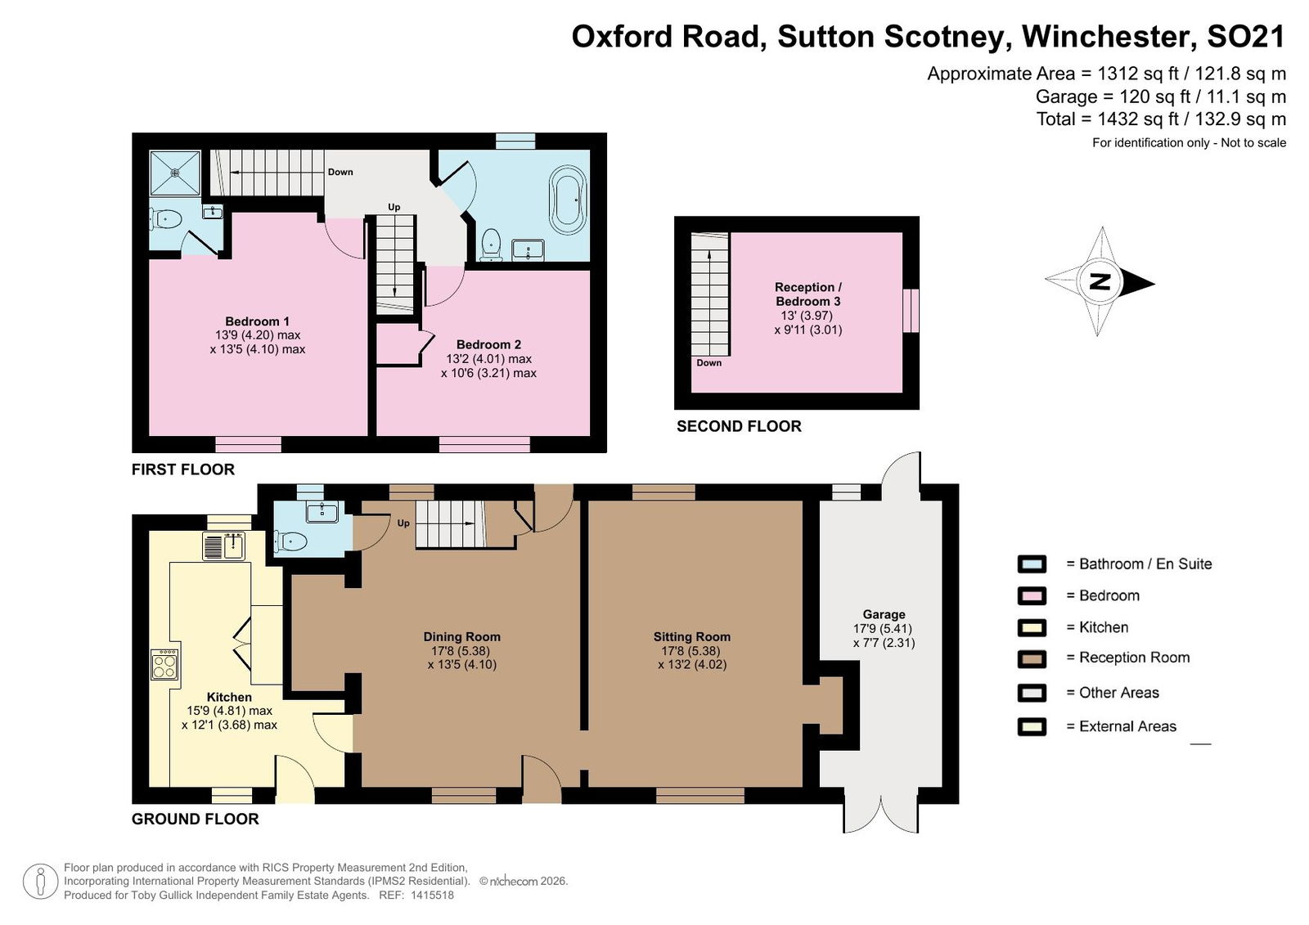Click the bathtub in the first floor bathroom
pyautogui.click(x=568, y=200)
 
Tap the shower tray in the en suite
pyautogui.click(x=175, y=173)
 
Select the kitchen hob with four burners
pyautogui.click(x=164, y=664)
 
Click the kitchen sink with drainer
pyautogui.click(x=224, y=546)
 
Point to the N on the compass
pyautogui.click(x=1100, y=281)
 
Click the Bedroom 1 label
pyautogui.click(x=257, y=321)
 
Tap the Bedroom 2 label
pyautogui.click(x=488, y=345)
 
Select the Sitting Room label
pyautogui.click(x=692, y=637)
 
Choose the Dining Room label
pyautogui.click(x=461, y=637)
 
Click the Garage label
pyautogui.click(x=884, y=614)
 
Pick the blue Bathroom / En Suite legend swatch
pyautogui.click(x=1032, y=564)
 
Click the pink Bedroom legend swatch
pyautogui.click(x=1032, y=595)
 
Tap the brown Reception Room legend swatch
pyautogui.click(x=1032, y=658)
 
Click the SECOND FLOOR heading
pyautogui.click(x=739, y=427)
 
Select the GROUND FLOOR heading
pyautogui.click(x=196, y=819)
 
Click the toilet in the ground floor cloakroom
pyautogui.click(x=290, y=541)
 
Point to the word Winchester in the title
pyautogui.click(x=1105, y=36)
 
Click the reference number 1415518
pyautogui.click(x=433, y=896)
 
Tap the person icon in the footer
pyautogui.click(x=40, y=882)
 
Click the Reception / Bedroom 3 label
pyautogui.click(x=808, y=294)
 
